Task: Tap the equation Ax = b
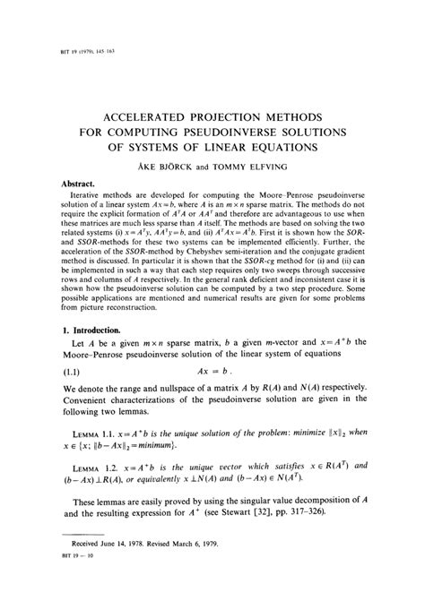212,372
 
